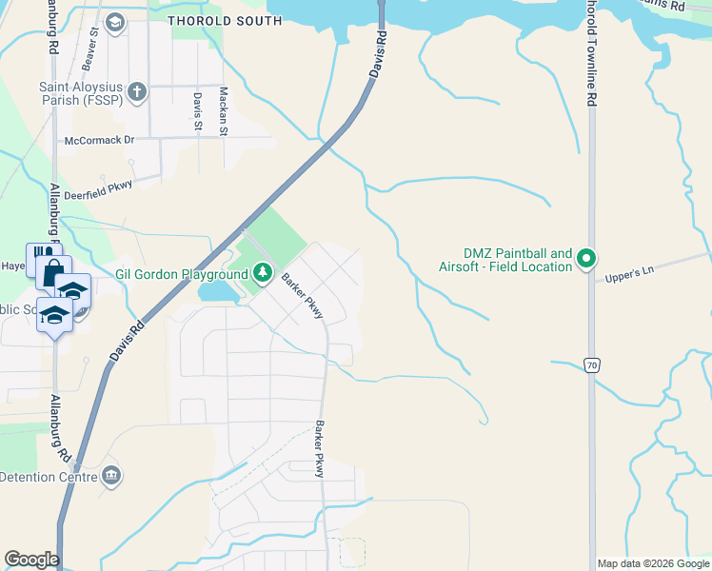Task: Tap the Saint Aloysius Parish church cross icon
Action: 137,92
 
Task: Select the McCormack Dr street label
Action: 99,140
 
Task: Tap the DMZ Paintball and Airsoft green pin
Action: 587,258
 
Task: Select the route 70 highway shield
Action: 591,364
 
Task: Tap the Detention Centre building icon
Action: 111,474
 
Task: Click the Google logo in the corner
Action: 31,560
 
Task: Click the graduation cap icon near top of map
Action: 115,22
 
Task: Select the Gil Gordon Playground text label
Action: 181,274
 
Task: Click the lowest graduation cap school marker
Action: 54,314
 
